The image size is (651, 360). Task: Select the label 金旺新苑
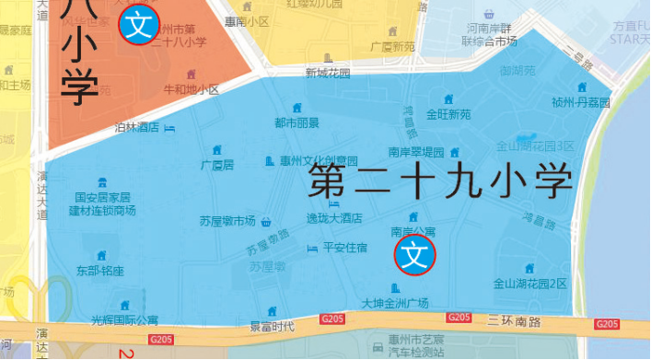coord(448,114)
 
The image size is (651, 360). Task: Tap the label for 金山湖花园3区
coord(535,145)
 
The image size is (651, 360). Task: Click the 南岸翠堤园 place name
coord(416,152)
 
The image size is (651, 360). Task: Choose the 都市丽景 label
coord(296,122)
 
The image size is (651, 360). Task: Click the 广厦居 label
coord(217,165)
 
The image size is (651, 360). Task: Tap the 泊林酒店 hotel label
coord(137,128)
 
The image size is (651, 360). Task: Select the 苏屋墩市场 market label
coord(227,221)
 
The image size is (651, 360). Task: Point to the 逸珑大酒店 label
coord(333,218)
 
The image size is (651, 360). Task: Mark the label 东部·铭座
coord(100,271)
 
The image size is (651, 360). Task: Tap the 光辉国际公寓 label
coord(123,320)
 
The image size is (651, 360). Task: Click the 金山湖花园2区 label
coord(530,284)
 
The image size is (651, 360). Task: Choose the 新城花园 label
coord(328,73)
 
